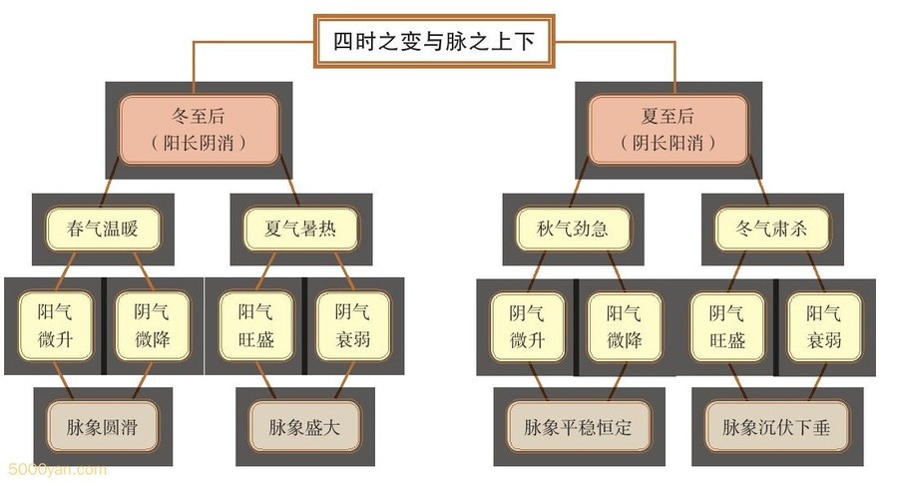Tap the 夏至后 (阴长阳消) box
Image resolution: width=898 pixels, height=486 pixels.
click(x=668, y=129)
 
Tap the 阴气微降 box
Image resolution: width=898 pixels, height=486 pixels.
click(x=152, y=325)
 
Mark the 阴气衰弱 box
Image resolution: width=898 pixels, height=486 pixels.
click(x=354, y=325)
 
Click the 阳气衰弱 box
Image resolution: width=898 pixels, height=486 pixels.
click(x=824, y=325)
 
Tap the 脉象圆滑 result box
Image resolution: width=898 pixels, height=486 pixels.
click(x=102, y=426)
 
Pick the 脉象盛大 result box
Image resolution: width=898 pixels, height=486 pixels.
click(x=303, y=426)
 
